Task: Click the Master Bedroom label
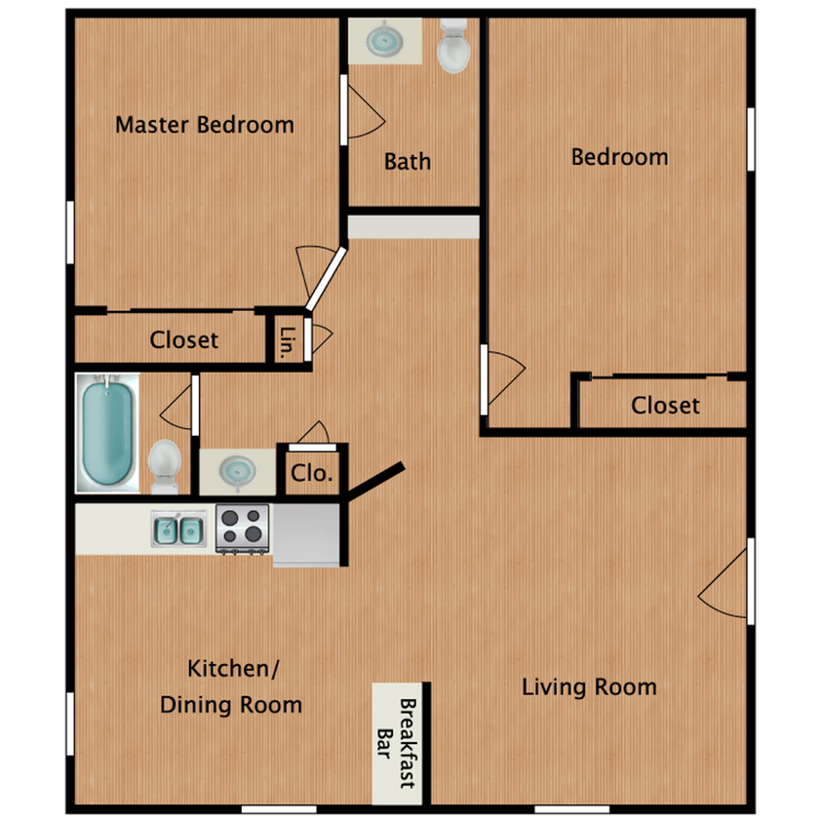[x=205, y=125]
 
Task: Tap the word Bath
[x=407, y=161]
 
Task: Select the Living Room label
[x=588, y=686]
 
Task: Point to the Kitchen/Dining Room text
[x=231, y=686]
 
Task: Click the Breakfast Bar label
[x=398, y=743]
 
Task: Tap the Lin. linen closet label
[x=287, y=341]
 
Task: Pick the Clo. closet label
[x=312, y=475]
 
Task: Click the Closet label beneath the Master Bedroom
[x=183, y=340]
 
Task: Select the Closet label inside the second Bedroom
[x=664, y=405]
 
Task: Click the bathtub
[x=107, y=433]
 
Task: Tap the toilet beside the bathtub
[x=165, y=463]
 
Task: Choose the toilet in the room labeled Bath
[x=452, y=47]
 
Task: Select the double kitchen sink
[x=177, y=530]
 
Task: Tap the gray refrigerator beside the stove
[x=306, y=533]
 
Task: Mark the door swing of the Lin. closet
[x=319, y=337]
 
